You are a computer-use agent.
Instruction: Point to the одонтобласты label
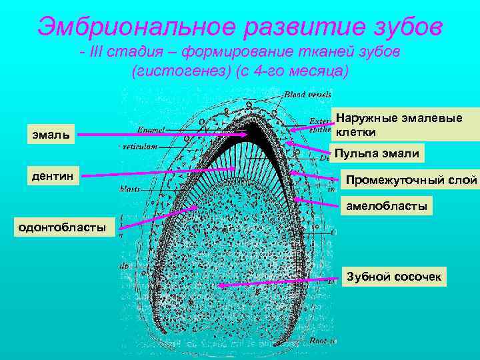[x=61, y=227]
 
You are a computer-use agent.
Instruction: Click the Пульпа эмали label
[x=377, y=154]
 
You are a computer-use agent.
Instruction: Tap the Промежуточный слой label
[x=411, y=180]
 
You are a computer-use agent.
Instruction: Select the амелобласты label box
[x=386, y=207]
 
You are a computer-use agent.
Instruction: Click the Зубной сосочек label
[x=393, y=276]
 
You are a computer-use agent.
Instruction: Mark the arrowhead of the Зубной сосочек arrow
[x=221, y=285]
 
